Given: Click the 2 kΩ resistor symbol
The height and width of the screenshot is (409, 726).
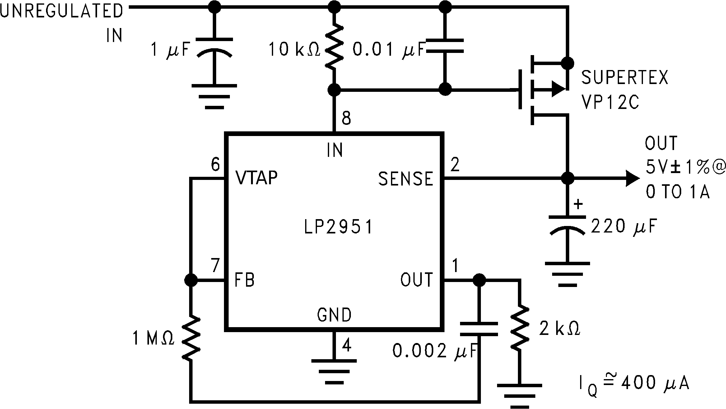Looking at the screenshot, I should (x=519, y=328).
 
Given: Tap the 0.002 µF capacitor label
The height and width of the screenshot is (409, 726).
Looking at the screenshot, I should (x=434, y=351).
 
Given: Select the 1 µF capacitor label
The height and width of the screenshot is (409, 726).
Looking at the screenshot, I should (x=170, y=50).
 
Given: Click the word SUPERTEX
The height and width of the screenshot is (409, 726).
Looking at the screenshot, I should (x=625, y=78).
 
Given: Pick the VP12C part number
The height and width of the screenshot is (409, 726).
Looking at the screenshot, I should (x=610, y=102).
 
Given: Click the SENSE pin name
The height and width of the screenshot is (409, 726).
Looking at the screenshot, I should (x=405, y=179).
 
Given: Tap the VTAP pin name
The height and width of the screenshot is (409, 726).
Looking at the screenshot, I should (x=256, y=178).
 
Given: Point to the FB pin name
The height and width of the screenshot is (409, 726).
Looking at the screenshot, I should (x=244, y=280).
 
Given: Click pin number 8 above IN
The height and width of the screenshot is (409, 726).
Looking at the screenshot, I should (x=346, y=118).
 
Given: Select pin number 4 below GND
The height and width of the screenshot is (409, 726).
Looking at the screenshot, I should (x=346, y=345).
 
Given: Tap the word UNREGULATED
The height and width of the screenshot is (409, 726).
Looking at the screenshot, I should (x=62, y=12).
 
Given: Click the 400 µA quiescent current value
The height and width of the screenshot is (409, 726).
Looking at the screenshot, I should (x=655, y=383).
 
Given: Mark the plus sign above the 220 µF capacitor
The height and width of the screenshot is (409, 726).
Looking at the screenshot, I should (x=578, y=204).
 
